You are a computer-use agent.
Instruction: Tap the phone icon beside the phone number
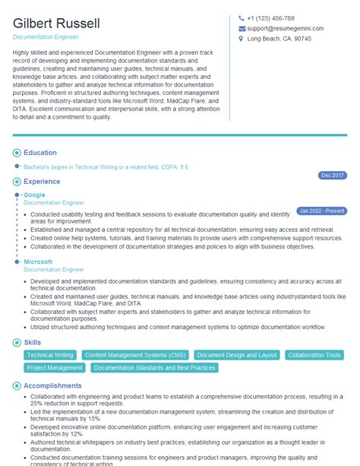[242, 18]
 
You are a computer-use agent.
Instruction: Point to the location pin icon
[242, 40]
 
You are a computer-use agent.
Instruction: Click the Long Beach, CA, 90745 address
[279, 40]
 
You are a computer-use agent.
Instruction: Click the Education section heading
[39, 153]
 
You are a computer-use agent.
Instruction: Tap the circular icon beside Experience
[17, 182]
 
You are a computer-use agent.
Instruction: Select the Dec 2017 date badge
[332, 175]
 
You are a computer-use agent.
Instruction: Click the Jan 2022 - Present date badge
[321, 210]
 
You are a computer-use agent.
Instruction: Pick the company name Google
[34, 195]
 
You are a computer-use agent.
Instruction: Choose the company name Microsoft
[38, 262]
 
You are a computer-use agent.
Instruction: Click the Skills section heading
[33, 343]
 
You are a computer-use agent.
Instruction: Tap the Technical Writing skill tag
[49, 355]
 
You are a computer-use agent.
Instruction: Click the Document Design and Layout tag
[236, 355]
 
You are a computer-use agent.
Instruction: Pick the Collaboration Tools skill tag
[314, 355]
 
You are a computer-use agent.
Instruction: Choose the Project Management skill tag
[54, 368]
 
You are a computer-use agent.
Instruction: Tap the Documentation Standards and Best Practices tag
[154, 368]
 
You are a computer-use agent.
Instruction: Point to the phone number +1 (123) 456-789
[270, 18]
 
